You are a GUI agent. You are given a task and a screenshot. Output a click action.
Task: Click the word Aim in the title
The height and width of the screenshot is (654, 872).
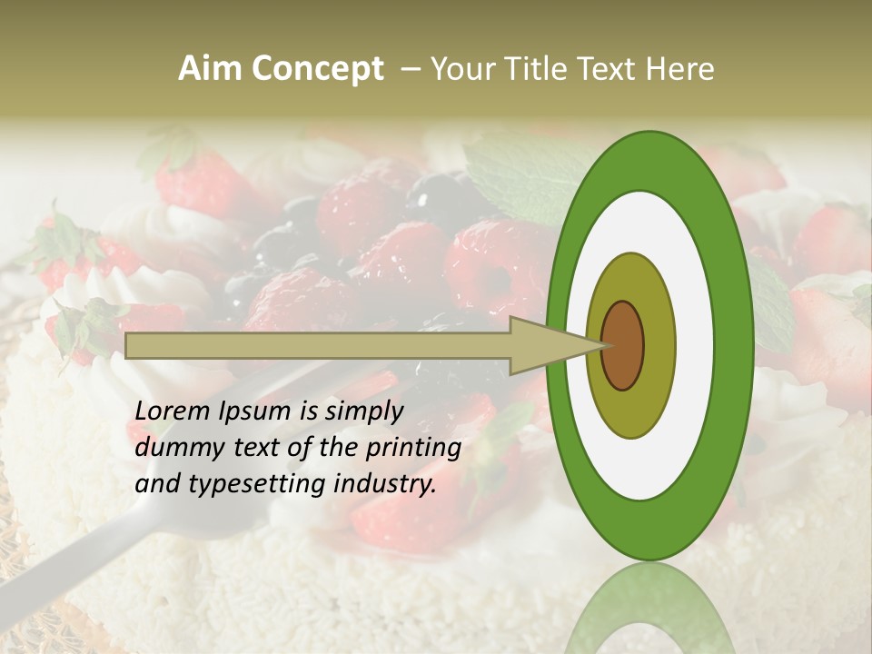[x=212, y=69]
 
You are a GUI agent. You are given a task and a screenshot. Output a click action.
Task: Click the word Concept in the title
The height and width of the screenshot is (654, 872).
[x=318, y=69]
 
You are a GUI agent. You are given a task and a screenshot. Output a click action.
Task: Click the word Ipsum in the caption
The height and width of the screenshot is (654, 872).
[x=257, y=411]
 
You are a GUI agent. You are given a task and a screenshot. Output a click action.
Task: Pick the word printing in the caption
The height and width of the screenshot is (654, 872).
[x=412, y=448]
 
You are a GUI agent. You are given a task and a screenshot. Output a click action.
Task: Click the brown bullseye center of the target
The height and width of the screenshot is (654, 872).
[x=622, y=345]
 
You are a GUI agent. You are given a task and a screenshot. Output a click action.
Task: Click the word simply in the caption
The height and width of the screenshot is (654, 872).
[x=363, y=411]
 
